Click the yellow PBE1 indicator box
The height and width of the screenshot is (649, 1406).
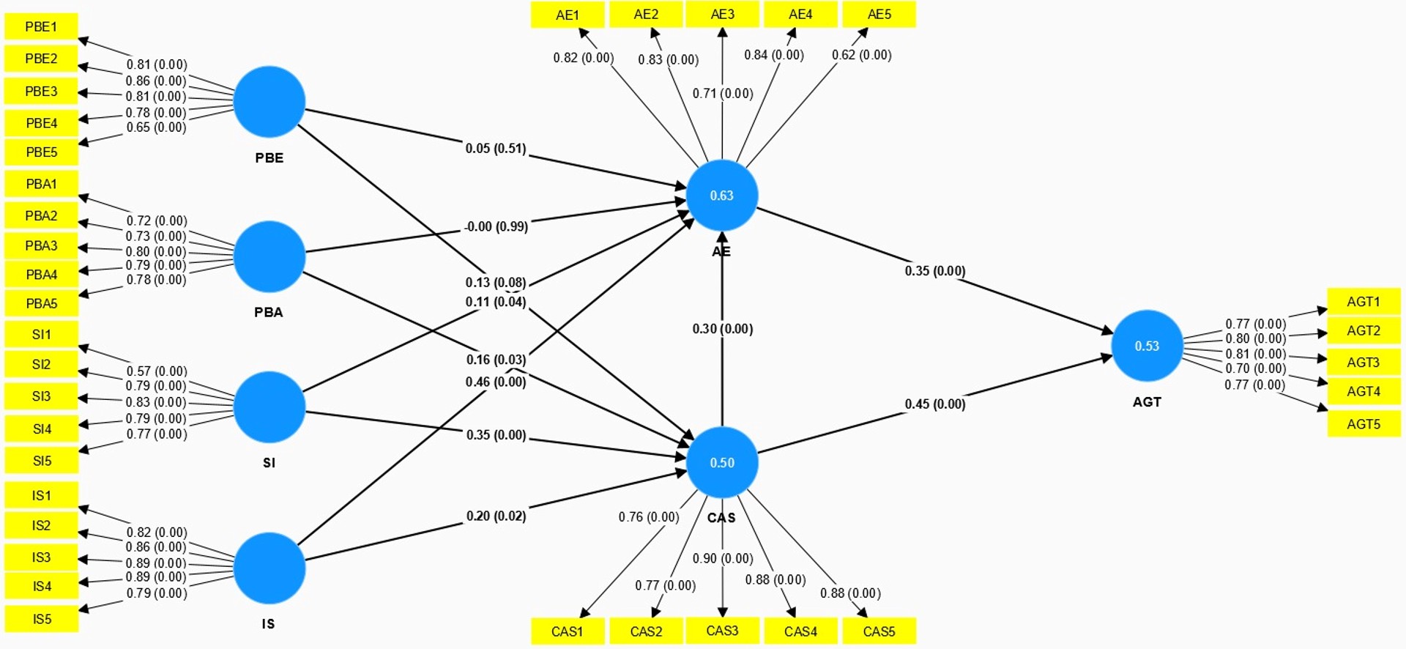pos(41,27)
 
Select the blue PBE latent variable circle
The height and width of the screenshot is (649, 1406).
pos(269,102)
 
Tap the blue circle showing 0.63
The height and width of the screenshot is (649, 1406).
pos(721,196)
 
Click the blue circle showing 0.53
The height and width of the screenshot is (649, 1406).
pos(1147,346)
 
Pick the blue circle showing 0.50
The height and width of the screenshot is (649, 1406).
pos(721,462)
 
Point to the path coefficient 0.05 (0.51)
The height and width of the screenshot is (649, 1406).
pos(496,149)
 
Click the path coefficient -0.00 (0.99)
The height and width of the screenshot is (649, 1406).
pos(496,227)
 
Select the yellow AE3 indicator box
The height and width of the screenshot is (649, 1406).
pos(722,15)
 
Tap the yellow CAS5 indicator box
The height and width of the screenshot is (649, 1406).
pos(879,631)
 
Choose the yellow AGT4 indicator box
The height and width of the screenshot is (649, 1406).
pos(1364,392)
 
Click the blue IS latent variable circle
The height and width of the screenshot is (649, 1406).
pos(269,568)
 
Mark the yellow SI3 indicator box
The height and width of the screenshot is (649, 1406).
pos(41,396)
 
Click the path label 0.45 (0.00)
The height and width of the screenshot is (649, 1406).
pos(935,404)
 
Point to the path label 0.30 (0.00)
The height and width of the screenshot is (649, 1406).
pos(723,329)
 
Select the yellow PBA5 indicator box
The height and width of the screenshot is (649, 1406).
pos(41,303)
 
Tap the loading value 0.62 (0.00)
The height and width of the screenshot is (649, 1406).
pos(862,55)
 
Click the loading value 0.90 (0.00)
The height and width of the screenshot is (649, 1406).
pos(723,559)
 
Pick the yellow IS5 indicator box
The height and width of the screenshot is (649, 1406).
pos(42,619)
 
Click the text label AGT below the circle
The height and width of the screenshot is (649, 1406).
pos(1147,402)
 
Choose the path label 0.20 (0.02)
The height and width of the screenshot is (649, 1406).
pos(496,516)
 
